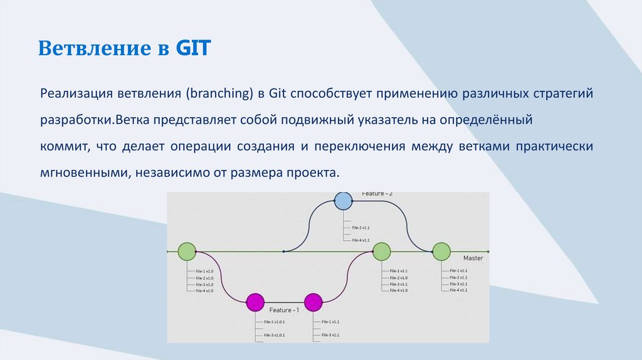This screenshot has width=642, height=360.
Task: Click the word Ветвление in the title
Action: coord(92,48)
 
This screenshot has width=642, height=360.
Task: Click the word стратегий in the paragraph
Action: coord(560,93)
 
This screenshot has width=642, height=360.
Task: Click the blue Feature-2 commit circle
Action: coord(343,201)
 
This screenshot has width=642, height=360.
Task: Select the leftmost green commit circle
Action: coord(187,252)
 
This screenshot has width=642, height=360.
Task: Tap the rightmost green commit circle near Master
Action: coord(441,251)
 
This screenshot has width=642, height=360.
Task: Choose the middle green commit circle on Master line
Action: coord(382,252)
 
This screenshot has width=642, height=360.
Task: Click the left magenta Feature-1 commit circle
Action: coord(255,302)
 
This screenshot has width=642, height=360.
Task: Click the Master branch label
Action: coord(473,258)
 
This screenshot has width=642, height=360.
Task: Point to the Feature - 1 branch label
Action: coord(284,310)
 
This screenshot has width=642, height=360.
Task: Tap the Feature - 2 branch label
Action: coord(377,194)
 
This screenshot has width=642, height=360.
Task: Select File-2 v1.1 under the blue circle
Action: coord(360,228)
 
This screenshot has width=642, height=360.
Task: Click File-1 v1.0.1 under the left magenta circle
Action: coord(275,322)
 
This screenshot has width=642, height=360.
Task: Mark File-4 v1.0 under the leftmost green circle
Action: coord(204,290)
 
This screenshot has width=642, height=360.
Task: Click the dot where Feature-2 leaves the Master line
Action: coord(284,251)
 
